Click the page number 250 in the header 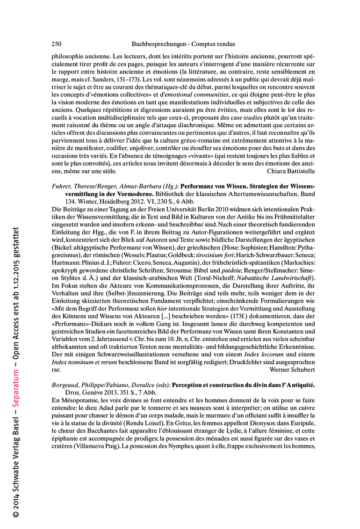tap(56, 44)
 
